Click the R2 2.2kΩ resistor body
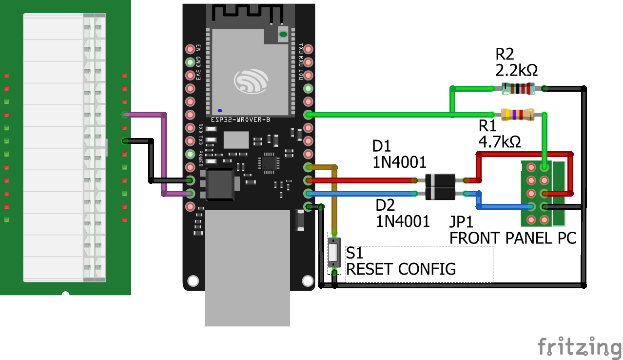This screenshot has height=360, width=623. (x=518, y=88)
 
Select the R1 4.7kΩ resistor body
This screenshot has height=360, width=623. (x=518, y=115)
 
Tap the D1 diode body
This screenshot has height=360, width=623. (x=440, y=180)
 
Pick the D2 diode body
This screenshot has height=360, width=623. (x=440, y=194)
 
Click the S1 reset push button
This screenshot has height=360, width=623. (x=334, y=252)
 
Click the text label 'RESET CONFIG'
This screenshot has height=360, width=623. (x=401, y=269)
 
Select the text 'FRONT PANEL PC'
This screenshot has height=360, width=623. (x=512, y=238)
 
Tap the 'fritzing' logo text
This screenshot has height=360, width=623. (x=579, y=347)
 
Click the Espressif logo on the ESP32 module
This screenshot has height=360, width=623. (x=252, y=81)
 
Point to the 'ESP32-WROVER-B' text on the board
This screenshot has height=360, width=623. (x=240, y=120)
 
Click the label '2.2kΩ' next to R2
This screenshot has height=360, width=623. (x=516, y=71)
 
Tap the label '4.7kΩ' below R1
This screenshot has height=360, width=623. (x=499, y=142)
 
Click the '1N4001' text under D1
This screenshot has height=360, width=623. (x=400, y=162)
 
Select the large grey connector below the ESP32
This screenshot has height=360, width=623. (x=247, y=268)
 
